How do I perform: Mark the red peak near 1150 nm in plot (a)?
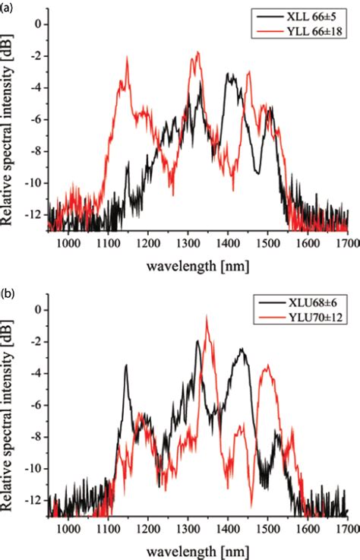127,59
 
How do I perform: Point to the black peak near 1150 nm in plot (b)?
126,365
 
